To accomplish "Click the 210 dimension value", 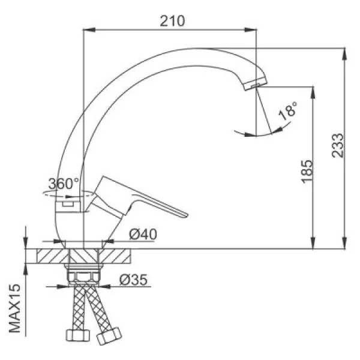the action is tap(172, 21).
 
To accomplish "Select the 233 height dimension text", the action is tap(338, 146).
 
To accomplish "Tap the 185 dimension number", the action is tap(307, 172).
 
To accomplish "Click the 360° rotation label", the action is tap(64, 184).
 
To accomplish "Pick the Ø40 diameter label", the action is tap(143, 234).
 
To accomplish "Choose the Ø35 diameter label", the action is tap(133, 280).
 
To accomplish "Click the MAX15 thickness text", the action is tap(15, 308).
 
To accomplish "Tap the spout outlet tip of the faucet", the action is tap(256, 85).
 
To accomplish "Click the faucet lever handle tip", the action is tap(185, 215).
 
